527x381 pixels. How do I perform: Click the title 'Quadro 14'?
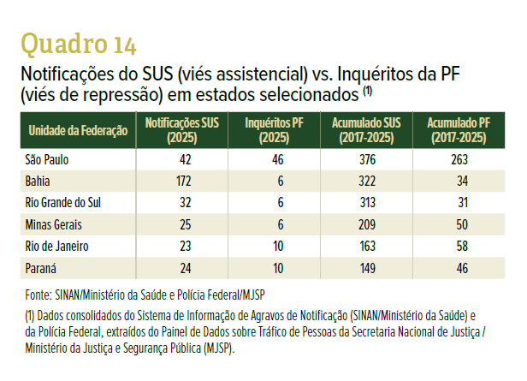79,44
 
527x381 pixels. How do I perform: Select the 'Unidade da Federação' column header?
78,130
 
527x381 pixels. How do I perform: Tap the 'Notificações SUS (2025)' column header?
182,130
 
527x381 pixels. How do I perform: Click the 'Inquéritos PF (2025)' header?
275,130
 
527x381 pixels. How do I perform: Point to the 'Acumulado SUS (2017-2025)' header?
366,130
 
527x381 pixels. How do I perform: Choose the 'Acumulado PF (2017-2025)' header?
459,130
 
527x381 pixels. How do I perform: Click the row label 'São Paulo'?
47,159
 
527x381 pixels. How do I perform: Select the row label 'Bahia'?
38,182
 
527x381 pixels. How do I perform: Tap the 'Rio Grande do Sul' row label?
62,203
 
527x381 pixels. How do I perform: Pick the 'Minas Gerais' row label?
53,224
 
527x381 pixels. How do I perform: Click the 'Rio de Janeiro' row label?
56,247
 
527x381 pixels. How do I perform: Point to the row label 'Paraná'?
41,268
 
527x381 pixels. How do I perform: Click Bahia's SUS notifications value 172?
183,182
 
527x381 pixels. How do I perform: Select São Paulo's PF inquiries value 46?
277,159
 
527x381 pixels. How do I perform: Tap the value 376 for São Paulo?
367,159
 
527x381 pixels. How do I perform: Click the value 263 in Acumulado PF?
459,159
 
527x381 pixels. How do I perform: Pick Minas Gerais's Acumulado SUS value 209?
367,224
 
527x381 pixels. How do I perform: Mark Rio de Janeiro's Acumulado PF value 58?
462,247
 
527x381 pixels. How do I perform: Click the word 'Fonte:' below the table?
38,295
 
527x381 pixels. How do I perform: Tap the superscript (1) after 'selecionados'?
368,91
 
